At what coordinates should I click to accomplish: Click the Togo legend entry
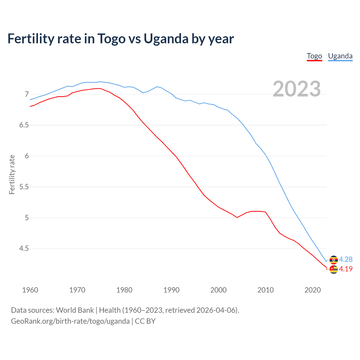[x=314, y=56]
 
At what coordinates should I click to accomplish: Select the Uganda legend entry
[x=340, y=56]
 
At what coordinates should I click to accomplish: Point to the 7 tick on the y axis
[x=27, y=94]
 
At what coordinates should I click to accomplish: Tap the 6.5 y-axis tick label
[x=24, y=125]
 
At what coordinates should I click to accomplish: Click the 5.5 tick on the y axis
[x=24, y=187]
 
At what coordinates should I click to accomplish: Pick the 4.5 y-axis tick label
[x=24, y=248]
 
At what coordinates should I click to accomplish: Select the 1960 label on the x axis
[x=30, y=290]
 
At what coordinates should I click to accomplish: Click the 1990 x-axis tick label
[x=171, y=290]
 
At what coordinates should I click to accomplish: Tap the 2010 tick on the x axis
[x=265, y=290]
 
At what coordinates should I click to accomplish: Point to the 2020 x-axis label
[x=312, y=290]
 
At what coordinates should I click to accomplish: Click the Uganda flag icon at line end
[x=334, y=260]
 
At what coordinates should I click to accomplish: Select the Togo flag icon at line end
[x=334, y=269]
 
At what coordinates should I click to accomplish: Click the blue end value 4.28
[x=346, y=259]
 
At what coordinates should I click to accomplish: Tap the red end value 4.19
[x=346, y=269]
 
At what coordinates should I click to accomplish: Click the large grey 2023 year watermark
[x=296, y=89]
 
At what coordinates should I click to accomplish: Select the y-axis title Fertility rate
[x=12, y=174]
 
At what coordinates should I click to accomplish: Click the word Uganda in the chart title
[x=166, y=39]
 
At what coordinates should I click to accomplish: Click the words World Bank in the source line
[x=75, y=310]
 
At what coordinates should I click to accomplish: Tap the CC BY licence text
[x=145, y=321]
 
